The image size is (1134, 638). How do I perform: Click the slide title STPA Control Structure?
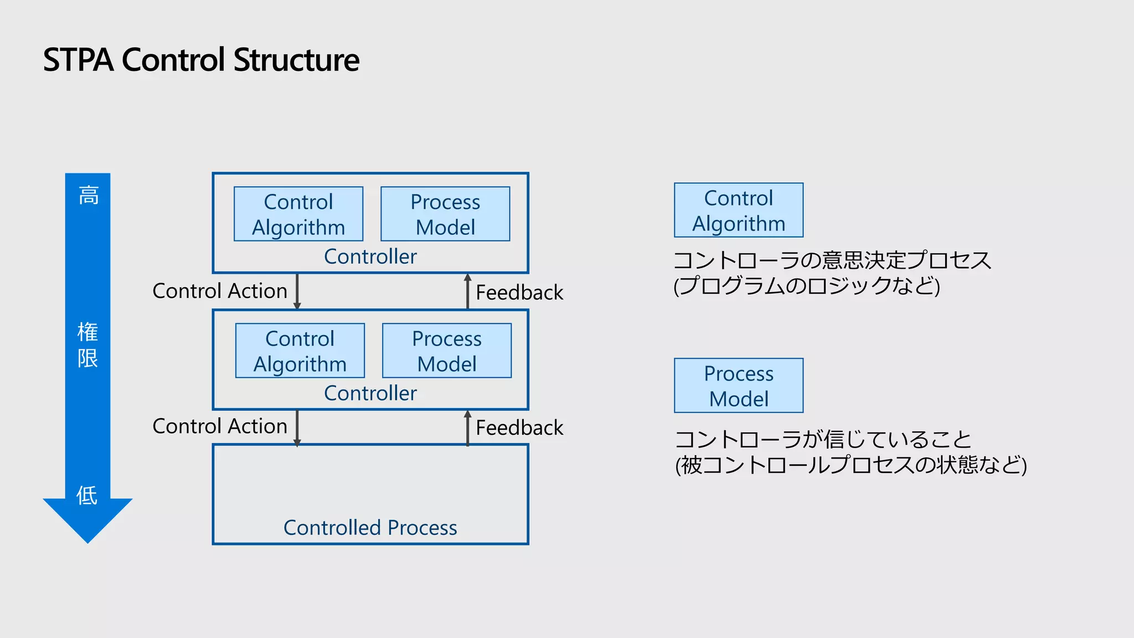tap(201, 60)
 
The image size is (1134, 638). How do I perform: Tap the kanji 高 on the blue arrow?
tap(88, 195)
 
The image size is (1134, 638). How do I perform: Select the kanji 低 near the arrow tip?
tap(87, 495)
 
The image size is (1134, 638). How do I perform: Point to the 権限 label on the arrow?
tap(87, 345)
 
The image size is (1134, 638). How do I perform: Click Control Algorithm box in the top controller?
tap(298, 214)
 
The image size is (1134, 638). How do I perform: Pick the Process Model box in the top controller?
tap(445, 214)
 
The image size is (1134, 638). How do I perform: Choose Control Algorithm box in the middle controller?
tap(300, 351)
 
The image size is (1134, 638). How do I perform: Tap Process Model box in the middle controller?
tap(447, 351)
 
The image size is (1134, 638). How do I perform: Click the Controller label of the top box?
tap(370, 257)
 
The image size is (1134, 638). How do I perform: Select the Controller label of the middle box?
tap(370, 394)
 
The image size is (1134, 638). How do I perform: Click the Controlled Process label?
tap(370, 528)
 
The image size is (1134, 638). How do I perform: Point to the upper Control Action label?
tap(220, 291)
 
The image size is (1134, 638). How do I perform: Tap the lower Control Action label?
tap(220, 426)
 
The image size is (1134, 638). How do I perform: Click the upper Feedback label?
tap(519, 292)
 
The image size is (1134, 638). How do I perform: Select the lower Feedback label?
tap(519, 428)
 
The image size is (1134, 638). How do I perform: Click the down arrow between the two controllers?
tap(297, 291)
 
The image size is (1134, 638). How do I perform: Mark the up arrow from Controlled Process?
tap(468, 428)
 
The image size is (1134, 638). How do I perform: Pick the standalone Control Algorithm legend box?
tap(738, 210)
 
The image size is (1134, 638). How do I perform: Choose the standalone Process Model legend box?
tap(738, 386)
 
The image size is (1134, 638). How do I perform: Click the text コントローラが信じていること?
tap(823, 440)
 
